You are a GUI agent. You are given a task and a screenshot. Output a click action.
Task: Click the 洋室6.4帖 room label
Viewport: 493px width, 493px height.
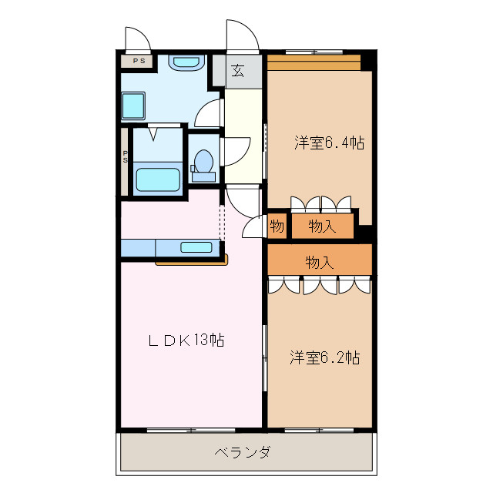coord(329,143)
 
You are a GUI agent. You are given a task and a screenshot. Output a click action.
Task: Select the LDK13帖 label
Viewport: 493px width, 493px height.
coord(186,340)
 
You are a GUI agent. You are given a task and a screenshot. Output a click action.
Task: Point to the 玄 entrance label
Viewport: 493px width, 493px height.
coord(238,71)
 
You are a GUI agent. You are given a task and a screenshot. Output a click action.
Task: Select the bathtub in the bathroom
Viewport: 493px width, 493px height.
coord(158,179)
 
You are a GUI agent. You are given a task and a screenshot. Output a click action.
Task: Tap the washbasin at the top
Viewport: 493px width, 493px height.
coord(186,63)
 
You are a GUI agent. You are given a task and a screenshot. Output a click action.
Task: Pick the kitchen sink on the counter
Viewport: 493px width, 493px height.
coord(196,247)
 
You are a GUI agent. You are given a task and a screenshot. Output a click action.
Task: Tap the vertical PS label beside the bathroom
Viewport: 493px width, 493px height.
coord(125,157)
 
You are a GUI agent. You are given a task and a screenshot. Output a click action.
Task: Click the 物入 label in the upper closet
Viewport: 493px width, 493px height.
coord(322,226)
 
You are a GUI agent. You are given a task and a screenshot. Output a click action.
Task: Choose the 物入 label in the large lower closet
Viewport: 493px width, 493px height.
coord(320,262)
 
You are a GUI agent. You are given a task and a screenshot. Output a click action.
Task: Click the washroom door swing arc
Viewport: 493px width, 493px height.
coord(208,114)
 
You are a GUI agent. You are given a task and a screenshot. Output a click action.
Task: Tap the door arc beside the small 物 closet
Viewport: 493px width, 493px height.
coord(253,226)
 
